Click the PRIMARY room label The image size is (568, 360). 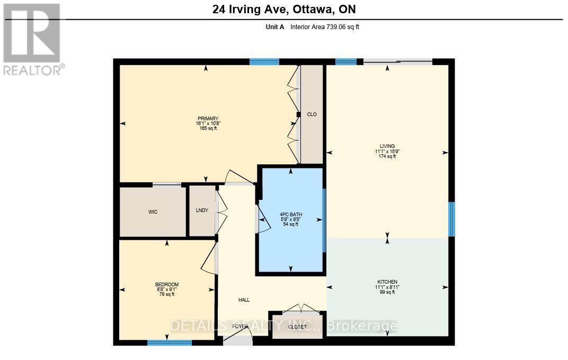[x=208, y=119]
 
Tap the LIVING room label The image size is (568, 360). [x=387, y=146]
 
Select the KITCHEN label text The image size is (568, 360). [x=387, y=282]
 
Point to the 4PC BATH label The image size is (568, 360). [x=290, y=215]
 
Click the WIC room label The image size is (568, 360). [x=153, y=212]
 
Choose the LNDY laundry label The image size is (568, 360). [x=202, y=210]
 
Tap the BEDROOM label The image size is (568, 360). [x=167, y=285]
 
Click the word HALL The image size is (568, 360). [x=244, y=300]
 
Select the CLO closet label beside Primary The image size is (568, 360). [x=312, y=115]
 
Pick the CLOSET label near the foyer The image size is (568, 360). [x=297, y=327]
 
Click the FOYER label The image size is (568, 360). [x=240, y=327]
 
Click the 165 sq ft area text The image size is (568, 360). [x=208, y=129]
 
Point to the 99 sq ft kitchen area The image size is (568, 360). [x=387, y=292]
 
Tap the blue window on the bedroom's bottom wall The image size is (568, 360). [x=169, y=343]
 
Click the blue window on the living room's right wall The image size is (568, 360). [x=451, y=219]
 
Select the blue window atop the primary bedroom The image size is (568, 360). [x=264, y=62]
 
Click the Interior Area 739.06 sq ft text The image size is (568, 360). [x=324, y=27]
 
